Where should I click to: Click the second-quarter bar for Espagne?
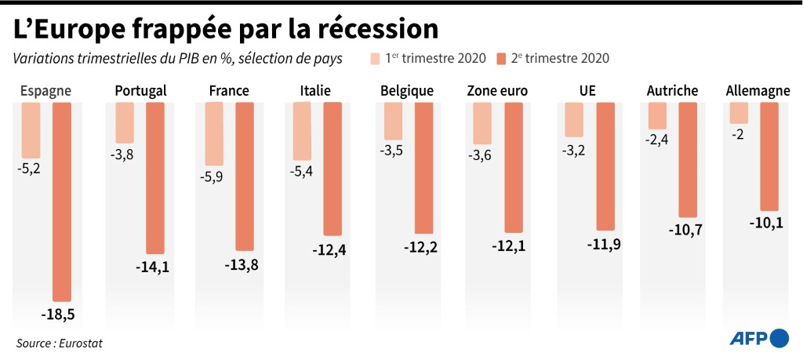click(61, 201)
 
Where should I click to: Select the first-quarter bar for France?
click(214, 144)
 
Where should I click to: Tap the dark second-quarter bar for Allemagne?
click(768, 156)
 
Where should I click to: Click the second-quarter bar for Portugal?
click(155, 178)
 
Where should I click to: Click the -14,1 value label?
click(152, 267)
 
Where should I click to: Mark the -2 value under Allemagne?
click(738, 134)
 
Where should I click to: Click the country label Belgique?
click(406, 91)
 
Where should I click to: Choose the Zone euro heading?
click(497, 91)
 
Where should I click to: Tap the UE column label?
click(587, 91)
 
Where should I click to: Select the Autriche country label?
click(672, 91)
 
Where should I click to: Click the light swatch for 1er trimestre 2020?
click(376, 59)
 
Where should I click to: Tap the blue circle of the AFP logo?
click(779, 338)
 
